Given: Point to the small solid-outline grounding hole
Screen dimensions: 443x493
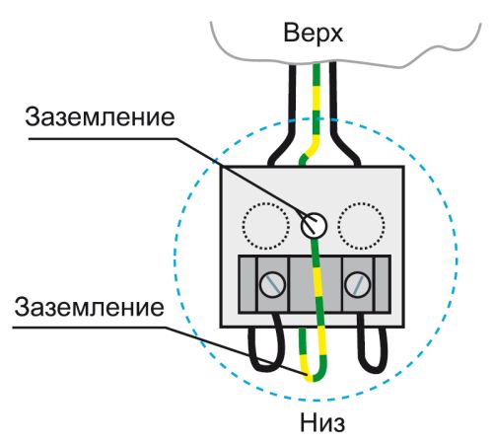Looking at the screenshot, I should [x=310, y=225].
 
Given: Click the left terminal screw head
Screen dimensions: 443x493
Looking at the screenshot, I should [x=270, y=286].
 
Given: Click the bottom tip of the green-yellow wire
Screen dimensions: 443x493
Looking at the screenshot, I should [x=312, y=378].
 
